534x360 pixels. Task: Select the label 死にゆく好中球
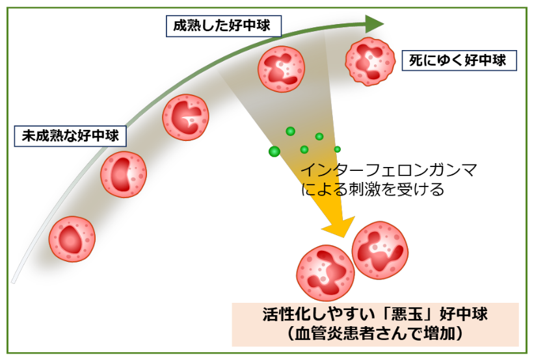pos(458,60)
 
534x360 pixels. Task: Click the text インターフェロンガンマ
pos(389,171)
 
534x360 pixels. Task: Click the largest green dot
pos(274,151)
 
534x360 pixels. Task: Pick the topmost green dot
pos(291,131)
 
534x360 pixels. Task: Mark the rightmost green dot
pos(338,149)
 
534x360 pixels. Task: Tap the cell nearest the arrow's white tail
pos(72,238)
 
